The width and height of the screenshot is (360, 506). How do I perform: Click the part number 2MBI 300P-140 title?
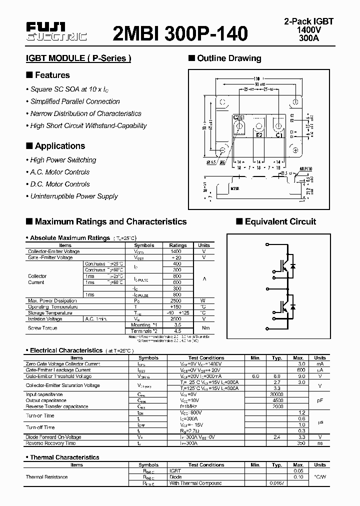(180, 33)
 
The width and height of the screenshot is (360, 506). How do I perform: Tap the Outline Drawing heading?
(229, 58)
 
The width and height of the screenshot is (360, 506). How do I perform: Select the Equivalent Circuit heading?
(280, 221)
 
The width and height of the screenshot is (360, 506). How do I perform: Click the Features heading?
(52, 75)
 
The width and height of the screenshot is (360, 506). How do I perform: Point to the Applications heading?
(59, 146)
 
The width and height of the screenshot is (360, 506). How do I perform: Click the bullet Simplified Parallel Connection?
(75, 101)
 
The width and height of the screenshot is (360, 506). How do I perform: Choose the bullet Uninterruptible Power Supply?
(74, 196)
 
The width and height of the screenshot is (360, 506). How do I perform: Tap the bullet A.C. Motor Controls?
(60, 172)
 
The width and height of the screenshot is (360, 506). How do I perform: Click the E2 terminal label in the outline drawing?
(259, 135)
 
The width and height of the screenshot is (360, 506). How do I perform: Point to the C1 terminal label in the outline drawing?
(279, 135)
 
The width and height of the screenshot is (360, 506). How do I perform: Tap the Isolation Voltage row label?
(45, 318)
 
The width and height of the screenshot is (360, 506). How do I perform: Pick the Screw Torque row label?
(42, 328)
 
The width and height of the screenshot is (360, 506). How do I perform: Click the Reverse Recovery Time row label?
(50, 443)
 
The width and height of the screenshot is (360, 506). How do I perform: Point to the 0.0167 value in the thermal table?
(276, 483)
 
